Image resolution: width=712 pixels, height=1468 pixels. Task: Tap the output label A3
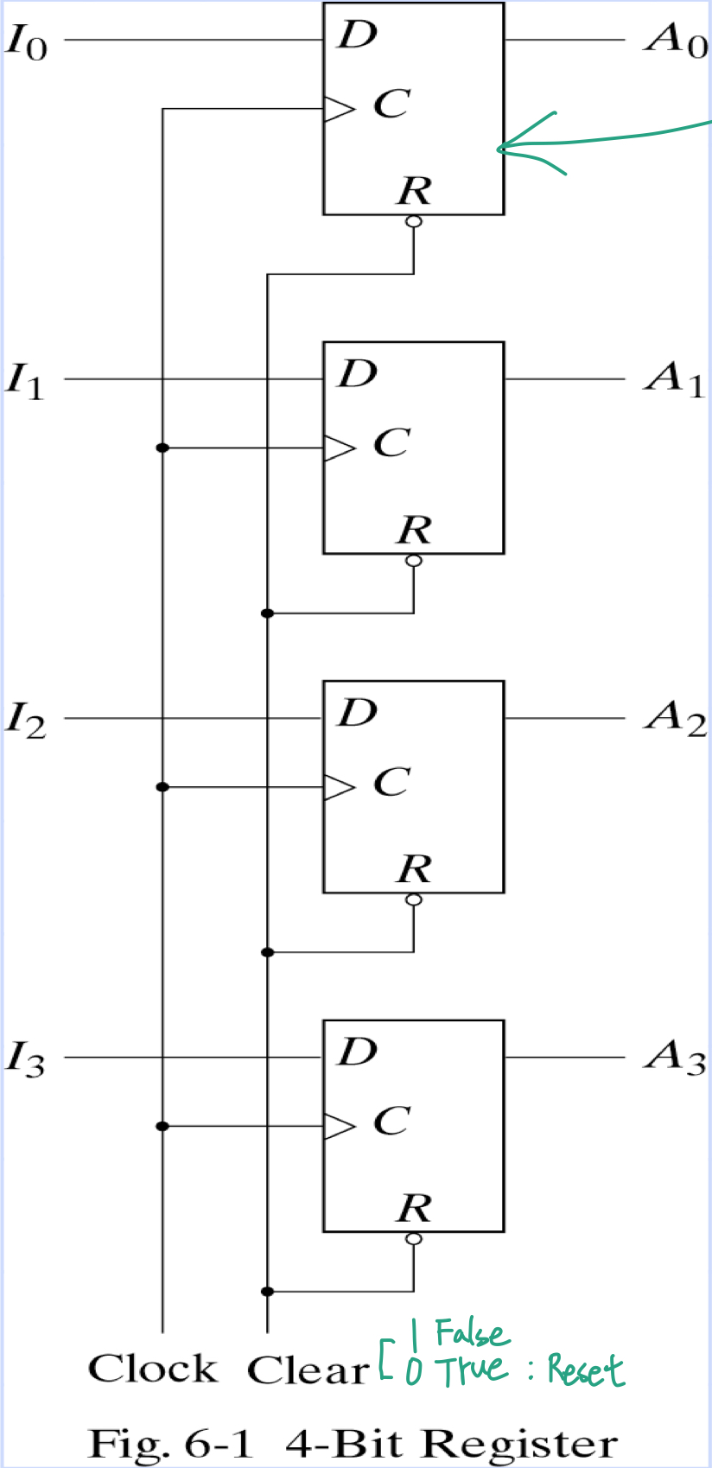675,1057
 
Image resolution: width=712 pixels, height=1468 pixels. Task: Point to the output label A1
675,378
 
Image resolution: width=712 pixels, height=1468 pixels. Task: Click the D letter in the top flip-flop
358,35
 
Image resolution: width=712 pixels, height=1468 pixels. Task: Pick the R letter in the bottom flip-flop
415,1208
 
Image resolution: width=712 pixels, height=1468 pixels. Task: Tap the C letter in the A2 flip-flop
391,783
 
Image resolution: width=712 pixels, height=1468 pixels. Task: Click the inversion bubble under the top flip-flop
414,222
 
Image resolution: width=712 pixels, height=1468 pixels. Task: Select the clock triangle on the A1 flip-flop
339,448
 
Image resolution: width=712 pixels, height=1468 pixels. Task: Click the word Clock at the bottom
153,1369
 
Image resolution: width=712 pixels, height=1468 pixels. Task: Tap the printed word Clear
308,1370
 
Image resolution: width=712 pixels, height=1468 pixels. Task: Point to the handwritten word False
471,1333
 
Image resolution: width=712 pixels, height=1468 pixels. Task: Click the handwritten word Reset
585,1370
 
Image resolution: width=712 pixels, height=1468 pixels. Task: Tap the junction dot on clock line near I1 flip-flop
162,448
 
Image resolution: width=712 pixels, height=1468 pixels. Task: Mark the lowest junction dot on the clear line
267,1292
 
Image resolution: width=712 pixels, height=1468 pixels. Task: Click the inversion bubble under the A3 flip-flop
414,1239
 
